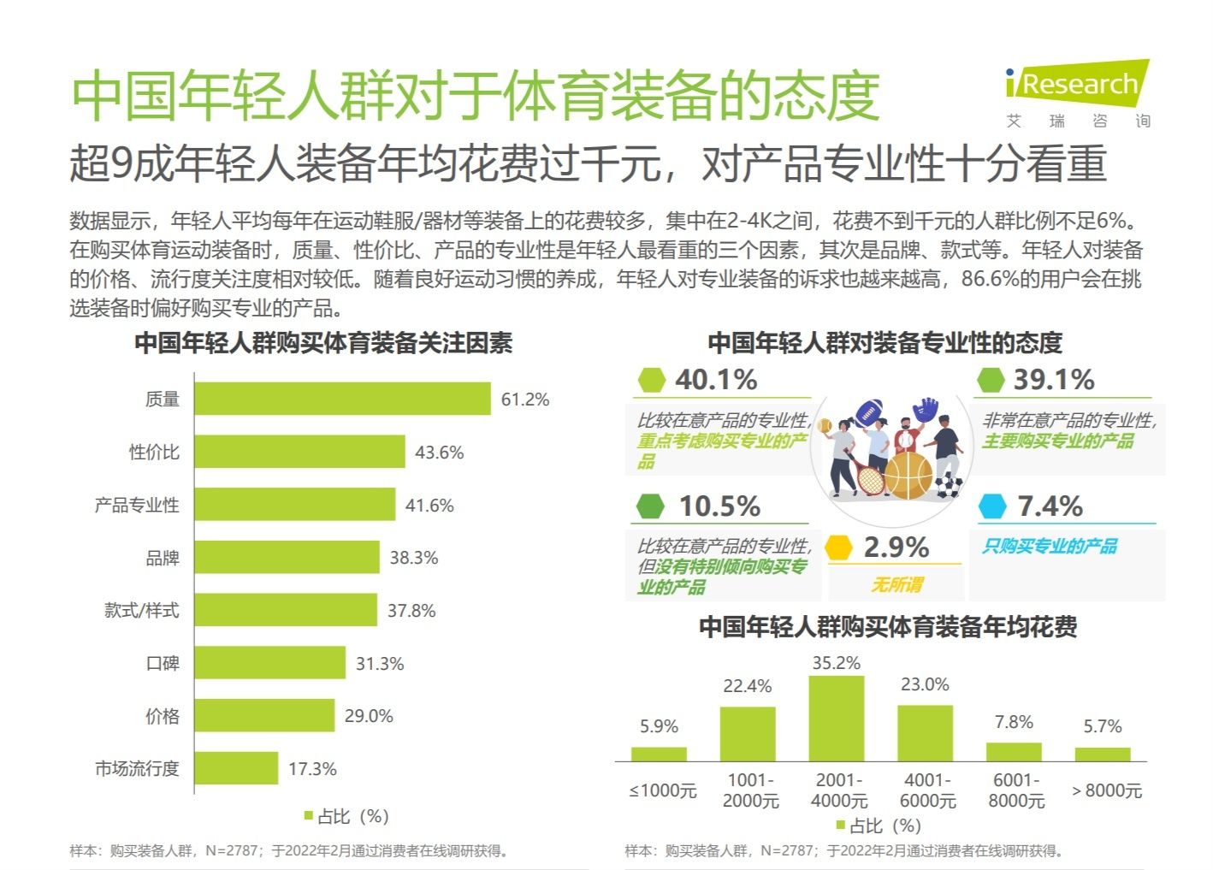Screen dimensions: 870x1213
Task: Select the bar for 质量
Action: [342, 399]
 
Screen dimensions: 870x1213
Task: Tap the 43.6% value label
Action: [439, 453]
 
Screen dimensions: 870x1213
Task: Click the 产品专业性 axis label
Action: [137, 506]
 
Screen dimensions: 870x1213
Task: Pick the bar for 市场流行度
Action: [236, 768]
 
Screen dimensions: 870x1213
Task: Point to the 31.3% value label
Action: [379, 664]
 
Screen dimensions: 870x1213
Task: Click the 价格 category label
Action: [163, 716]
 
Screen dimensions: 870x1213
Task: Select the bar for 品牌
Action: [287, 558]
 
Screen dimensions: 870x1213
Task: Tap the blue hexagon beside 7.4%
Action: [992, 506]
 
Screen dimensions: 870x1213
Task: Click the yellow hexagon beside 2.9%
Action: [839, 547]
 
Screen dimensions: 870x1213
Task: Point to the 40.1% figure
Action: [716, 380]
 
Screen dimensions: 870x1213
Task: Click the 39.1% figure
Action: [1054, 380]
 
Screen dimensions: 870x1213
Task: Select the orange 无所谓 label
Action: [896, 584]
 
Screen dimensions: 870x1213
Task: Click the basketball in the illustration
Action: [908, 476]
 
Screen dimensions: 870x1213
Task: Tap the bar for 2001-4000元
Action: [837, 719]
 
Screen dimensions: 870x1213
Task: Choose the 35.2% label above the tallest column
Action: [837, 663]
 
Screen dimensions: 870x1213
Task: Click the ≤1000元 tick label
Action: [663, 790]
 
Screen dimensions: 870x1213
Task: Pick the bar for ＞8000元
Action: [1103, 755]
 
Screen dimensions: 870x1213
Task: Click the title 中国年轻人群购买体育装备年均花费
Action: [888, 627]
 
